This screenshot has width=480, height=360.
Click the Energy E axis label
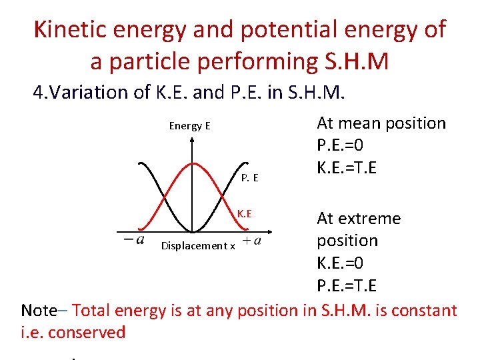pos(189,126)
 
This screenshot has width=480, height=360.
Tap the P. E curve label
pos(250,178)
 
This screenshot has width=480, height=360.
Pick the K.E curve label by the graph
pos(245,213)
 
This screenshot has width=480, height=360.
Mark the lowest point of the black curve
pos(191,232)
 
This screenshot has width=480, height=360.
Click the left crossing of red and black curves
pos(164,198)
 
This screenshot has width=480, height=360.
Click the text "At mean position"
pos(381,123)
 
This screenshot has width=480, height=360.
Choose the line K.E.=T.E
pos(347,167)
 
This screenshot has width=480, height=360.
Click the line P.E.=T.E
pos(347,285)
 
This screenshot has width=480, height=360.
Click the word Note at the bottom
pos(39,310)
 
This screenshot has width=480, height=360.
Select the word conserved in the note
pos(86,332)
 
